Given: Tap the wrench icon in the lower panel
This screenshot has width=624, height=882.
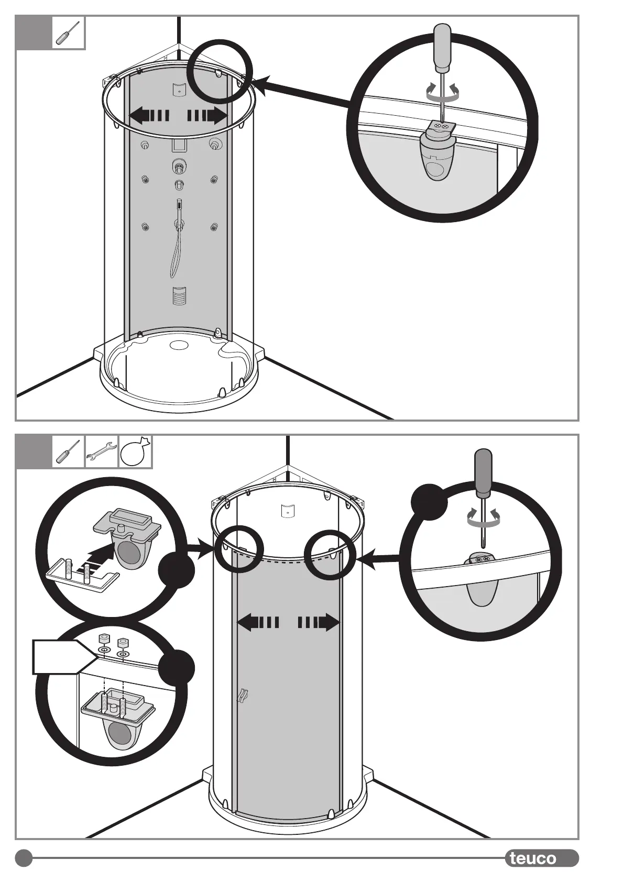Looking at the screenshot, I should (x=102, y=451).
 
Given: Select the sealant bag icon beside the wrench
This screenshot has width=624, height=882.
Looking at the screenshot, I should (x=135, y=451).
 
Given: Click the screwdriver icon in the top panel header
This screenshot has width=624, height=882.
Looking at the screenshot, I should (x=69, y=33).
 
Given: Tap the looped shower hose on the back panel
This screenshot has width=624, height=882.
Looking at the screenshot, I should (x=177, y=257).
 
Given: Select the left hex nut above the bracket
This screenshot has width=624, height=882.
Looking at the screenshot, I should (x=104, y=640).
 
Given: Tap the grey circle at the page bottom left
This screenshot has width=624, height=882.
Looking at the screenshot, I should (x=24, y=858).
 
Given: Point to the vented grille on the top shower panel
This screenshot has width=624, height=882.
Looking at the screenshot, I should (x=179, y=296).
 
